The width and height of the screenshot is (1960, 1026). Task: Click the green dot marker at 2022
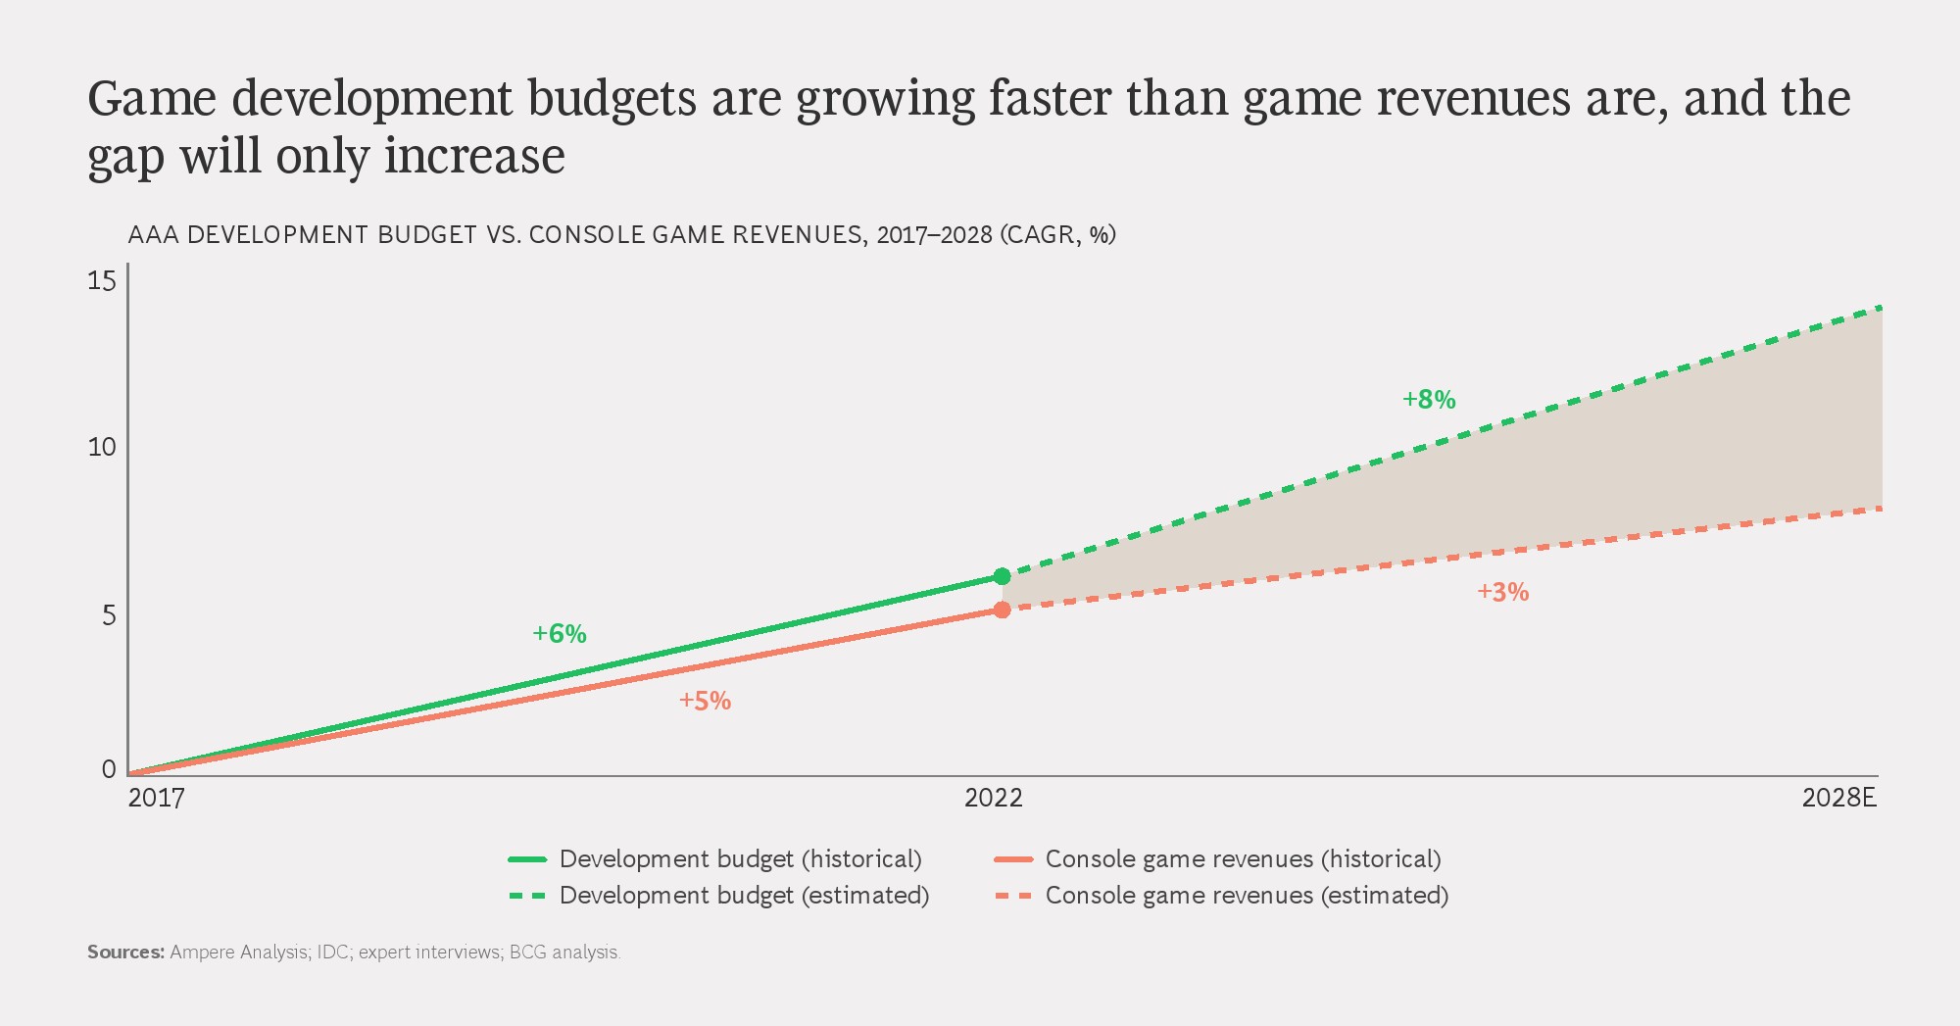[x=1002, y=576]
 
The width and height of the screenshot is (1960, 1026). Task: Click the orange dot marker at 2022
[x=1002, y=610]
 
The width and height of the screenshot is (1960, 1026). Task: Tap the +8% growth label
[x=1429, y=400]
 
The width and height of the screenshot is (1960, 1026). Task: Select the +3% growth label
[x=1503, y=592]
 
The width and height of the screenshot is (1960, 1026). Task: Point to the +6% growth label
[x=560, y=634]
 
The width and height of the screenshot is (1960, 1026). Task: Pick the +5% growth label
[x=706, y=701]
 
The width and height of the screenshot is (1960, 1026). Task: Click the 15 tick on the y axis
[x=102, y=281]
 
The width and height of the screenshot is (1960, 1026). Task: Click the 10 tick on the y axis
[x=102, y=448]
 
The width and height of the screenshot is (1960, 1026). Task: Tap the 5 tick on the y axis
[x=109, y=614]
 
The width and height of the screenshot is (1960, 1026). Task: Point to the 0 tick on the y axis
[x=109, y=769]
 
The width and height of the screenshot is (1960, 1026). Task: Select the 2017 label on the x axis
[x=157, y=798]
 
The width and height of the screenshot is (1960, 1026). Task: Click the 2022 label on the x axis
[x=994, y=798]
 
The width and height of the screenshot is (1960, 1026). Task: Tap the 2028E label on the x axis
[x=1838, y=798]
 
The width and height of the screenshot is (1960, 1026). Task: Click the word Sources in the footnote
[x=125, y=952]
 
